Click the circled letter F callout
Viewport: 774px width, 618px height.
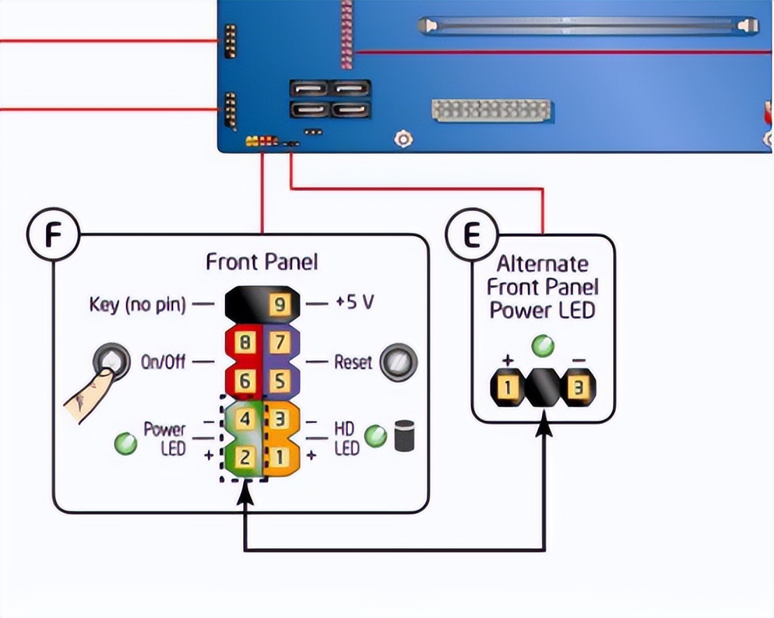(x=53, y=235)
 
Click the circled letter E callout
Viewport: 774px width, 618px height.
(x=472, y=235)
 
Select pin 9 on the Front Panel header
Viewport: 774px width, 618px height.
(x=279, y=304)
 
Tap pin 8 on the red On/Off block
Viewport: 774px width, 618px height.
(x=244, y=342)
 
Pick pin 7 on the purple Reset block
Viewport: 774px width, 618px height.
(x=280, y=342)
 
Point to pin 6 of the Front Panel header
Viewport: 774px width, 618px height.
(x=244, y=381)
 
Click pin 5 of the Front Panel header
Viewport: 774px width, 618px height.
(x=280, y=381)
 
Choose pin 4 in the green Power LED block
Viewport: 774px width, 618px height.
(x=244, y=419)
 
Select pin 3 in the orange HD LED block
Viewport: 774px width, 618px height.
(x=280, y=419)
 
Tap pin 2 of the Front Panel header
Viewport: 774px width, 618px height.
(x=244, y=457)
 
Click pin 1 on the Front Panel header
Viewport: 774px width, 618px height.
(x=280, y=457)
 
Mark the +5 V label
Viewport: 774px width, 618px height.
(x=354, y=302)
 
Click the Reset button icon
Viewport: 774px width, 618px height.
(x=398, y=362)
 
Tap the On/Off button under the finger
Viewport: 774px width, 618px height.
(x=112, y=361)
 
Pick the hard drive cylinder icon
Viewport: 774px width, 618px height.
(x=404, y=436)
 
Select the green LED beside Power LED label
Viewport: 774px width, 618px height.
(x=125, y=443)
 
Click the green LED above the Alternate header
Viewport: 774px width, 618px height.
(x=543, y=346)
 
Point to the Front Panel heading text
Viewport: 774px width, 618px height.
(x=262, y=262)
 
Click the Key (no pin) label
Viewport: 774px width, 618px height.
(x=138, y=305)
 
